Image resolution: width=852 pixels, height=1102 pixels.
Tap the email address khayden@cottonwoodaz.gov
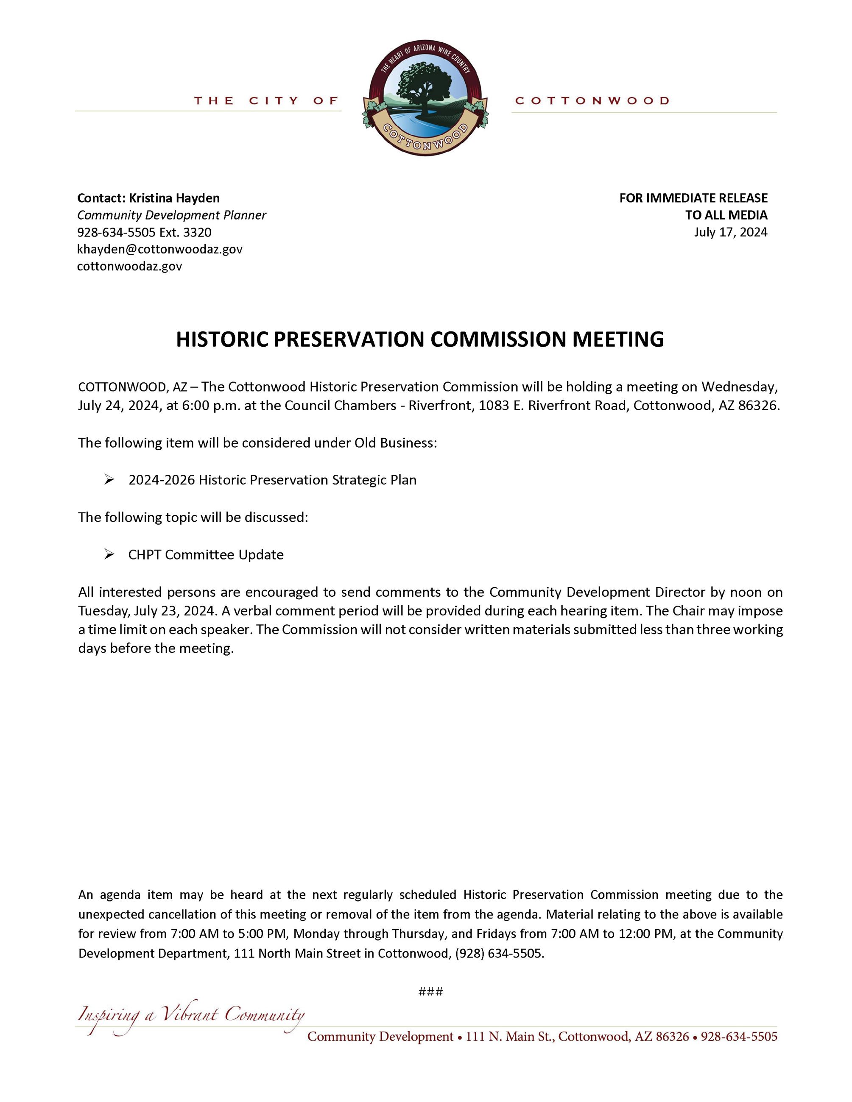(159, 249)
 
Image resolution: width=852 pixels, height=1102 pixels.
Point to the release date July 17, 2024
(730, 232)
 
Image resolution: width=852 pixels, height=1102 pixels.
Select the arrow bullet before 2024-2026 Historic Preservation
(109, 480)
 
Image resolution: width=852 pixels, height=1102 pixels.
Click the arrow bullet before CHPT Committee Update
(109, 554)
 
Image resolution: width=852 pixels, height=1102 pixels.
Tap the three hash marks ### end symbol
(430, 991)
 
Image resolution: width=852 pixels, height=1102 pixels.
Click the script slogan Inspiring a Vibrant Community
(191, 1015)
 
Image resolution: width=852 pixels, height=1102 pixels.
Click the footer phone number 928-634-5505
(739, 1037)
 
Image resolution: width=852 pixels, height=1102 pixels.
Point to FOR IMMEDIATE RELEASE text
(693, 198)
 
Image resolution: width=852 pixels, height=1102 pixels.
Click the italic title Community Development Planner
(172, 215)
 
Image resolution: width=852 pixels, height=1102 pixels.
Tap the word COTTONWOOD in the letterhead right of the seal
(592, 101)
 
